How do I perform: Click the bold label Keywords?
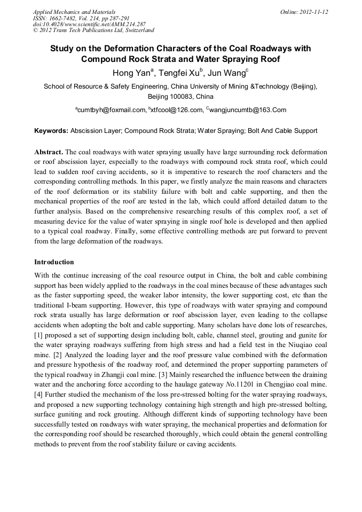point(51,131)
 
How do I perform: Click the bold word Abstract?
point(48,152)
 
